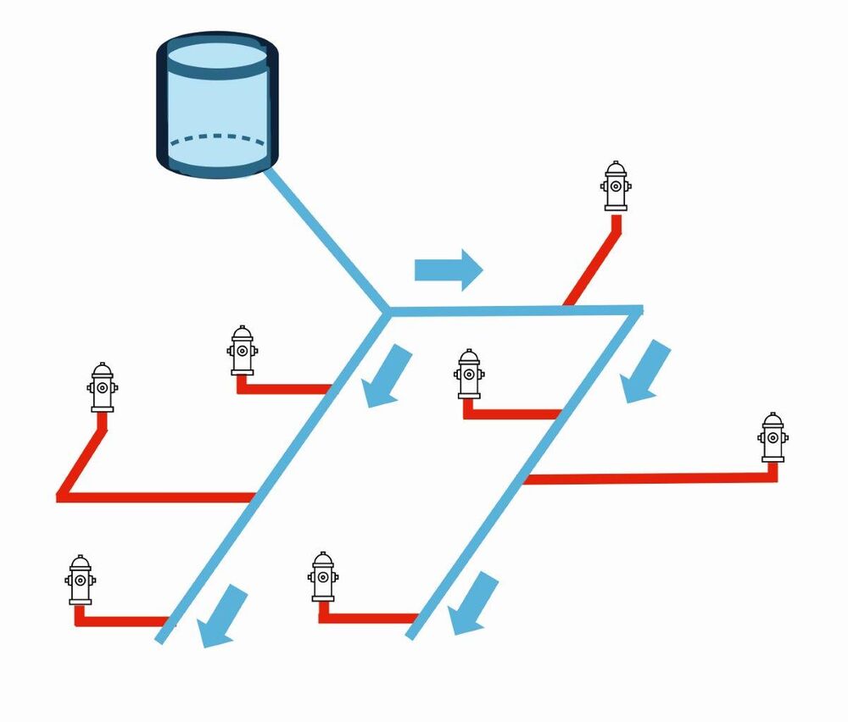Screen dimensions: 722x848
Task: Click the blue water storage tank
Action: coord(217,106)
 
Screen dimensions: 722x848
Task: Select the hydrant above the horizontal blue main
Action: coord(616,186)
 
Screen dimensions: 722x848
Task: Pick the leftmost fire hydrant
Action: coord(81,580)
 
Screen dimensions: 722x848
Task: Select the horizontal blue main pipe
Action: coord(509,311)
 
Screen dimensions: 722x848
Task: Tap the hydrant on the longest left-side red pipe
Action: coord(103,388)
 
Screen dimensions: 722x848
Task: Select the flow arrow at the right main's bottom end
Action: coord(472,604)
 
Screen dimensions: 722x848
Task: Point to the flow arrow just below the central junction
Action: coord(388,375)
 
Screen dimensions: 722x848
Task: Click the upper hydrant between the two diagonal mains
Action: coord(469,374)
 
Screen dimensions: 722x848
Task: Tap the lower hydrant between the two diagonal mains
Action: coord(323,577)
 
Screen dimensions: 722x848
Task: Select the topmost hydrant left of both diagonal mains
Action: coord(243,350)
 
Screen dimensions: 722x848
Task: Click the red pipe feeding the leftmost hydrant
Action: coord(123,619)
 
